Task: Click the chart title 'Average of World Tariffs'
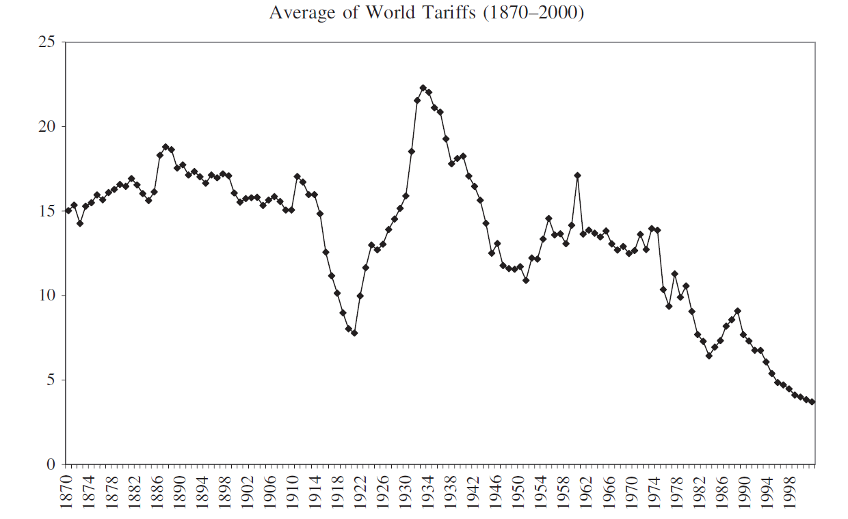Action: click(x=426, y=13)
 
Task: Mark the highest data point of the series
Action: click(x=423, y=88)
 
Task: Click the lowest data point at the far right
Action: click(x=812, y=402)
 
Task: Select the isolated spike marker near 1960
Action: click(x=577, y=176)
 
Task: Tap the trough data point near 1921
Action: click(x=354, y=333)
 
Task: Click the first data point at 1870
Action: click(x=68, y=210)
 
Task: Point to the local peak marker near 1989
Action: click(x=737, y=311)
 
